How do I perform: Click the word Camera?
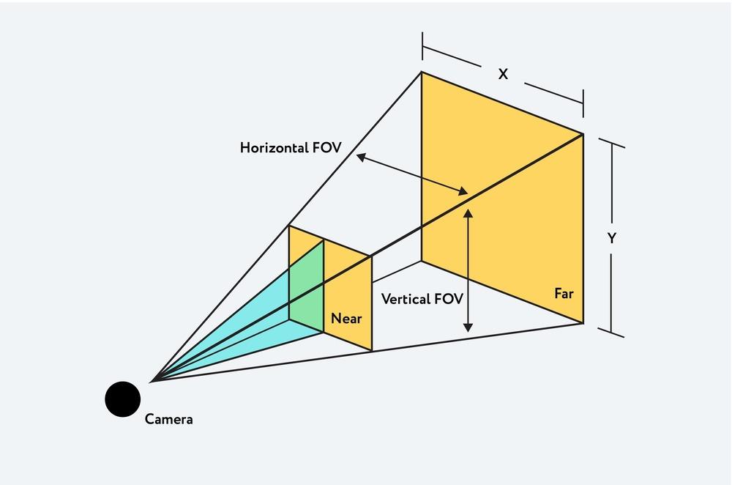pos(169,420)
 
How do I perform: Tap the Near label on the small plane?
pos(346,319)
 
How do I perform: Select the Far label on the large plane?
pos(564,294)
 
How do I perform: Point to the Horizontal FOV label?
pos(291,147)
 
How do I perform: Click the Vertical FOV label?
pos(422,299)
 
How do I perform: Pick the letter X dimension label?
pos(503,75)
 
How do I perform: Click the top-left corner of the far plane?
pos(422,72)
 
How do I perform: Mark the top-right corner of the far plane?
pos(583,133)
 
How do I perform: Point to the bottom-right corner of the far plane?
pos(583,323)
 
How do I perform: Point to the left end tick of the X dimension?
pos(422,47)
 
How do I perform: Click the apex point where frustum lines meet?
pos(152,381)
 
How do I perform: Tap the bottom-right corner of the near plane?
pos(372,350)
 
